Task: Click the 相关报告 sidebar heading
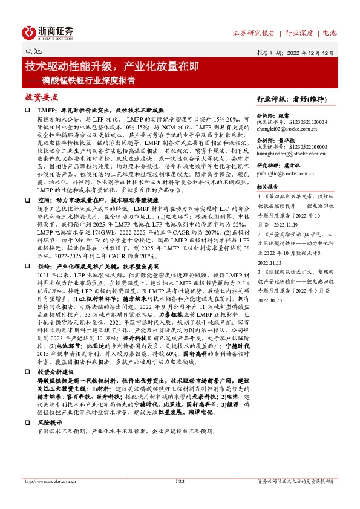pos(267,187)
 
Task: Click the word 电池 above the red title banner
pos(32,52)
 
